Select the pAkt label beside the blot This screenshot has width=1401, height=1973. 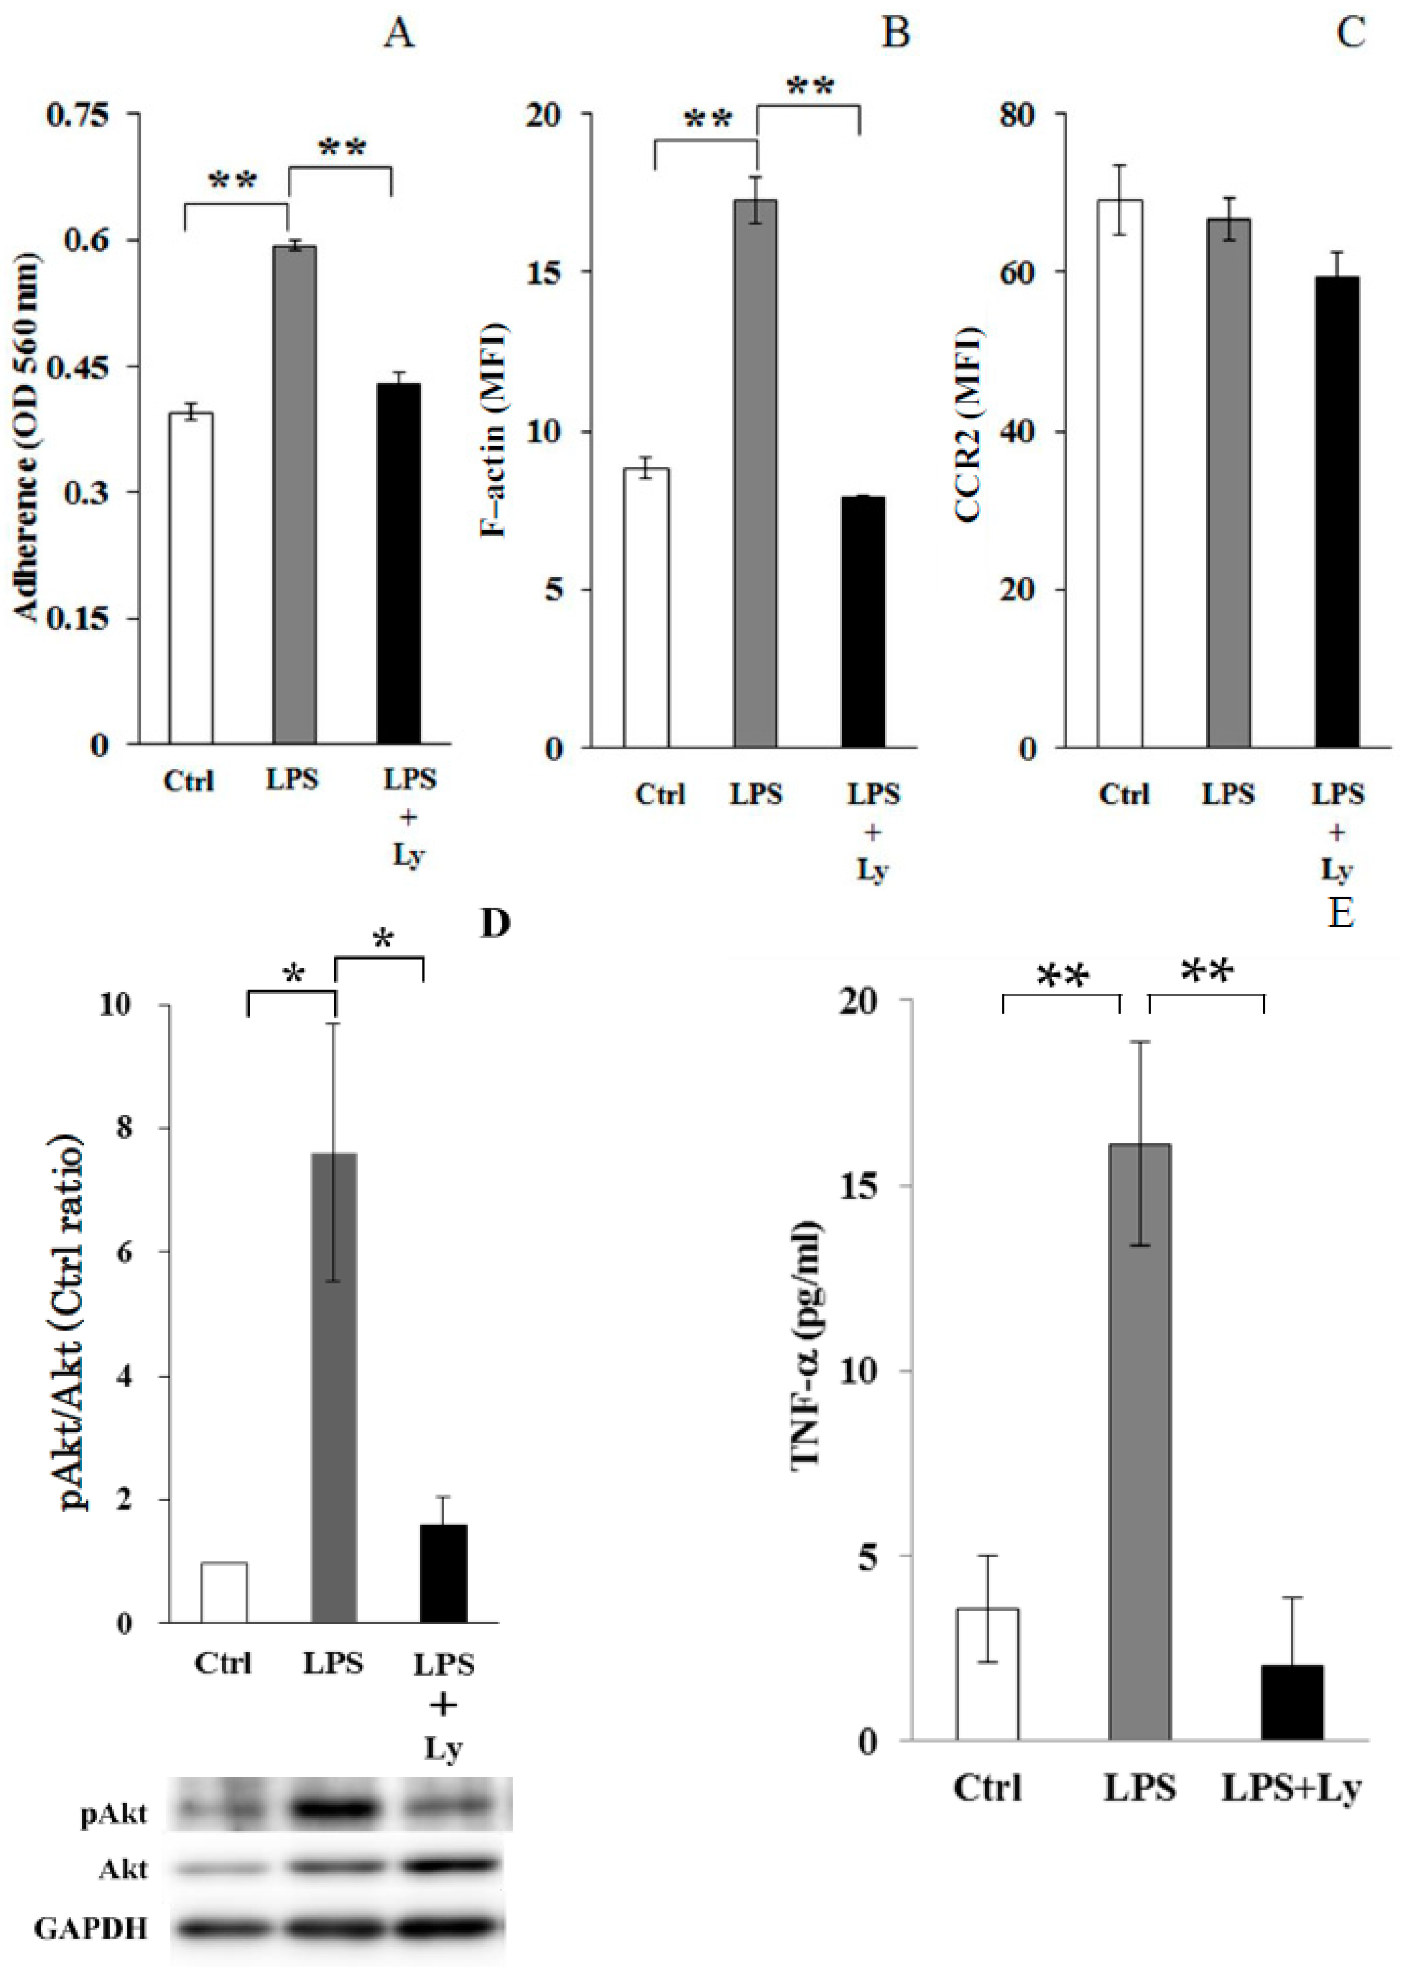113,1815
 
